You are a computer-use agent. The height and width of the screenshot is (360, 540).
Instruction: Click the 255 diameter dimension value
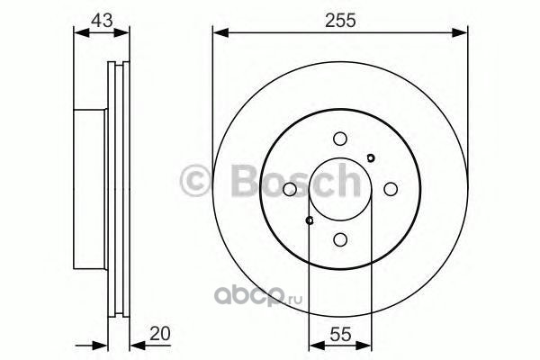(x=340, y=21)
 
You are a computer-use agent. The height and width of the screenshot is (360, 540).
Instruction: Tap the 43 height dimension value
(x=102, y=21)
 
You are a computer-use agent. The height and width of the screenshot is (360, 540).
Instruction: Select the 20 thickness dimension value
(x=160, y=334)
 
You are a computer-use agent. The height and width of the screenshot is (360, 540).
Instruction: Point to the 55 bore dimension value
(x=340, y=334)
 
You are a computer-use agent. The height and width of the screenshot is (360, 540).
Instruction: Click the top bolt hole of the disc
(x=340, y=139)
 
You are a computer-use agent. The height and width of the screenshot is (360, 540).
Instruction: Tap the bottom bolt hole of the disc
(x=340, y=239)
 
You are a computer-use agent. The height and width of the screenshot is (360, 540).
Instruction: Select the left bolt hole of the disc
(x=290, y=189)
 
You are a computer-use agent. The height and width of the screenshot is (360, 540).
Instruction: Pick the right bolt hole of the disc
(x=391, y=189)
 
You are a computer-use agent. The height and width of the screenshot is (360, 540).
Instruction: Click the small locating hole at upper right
(x=371, y=158)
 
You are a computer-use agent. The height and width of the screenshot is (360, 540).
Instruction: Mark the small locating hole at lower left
(x=310, y=220)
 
